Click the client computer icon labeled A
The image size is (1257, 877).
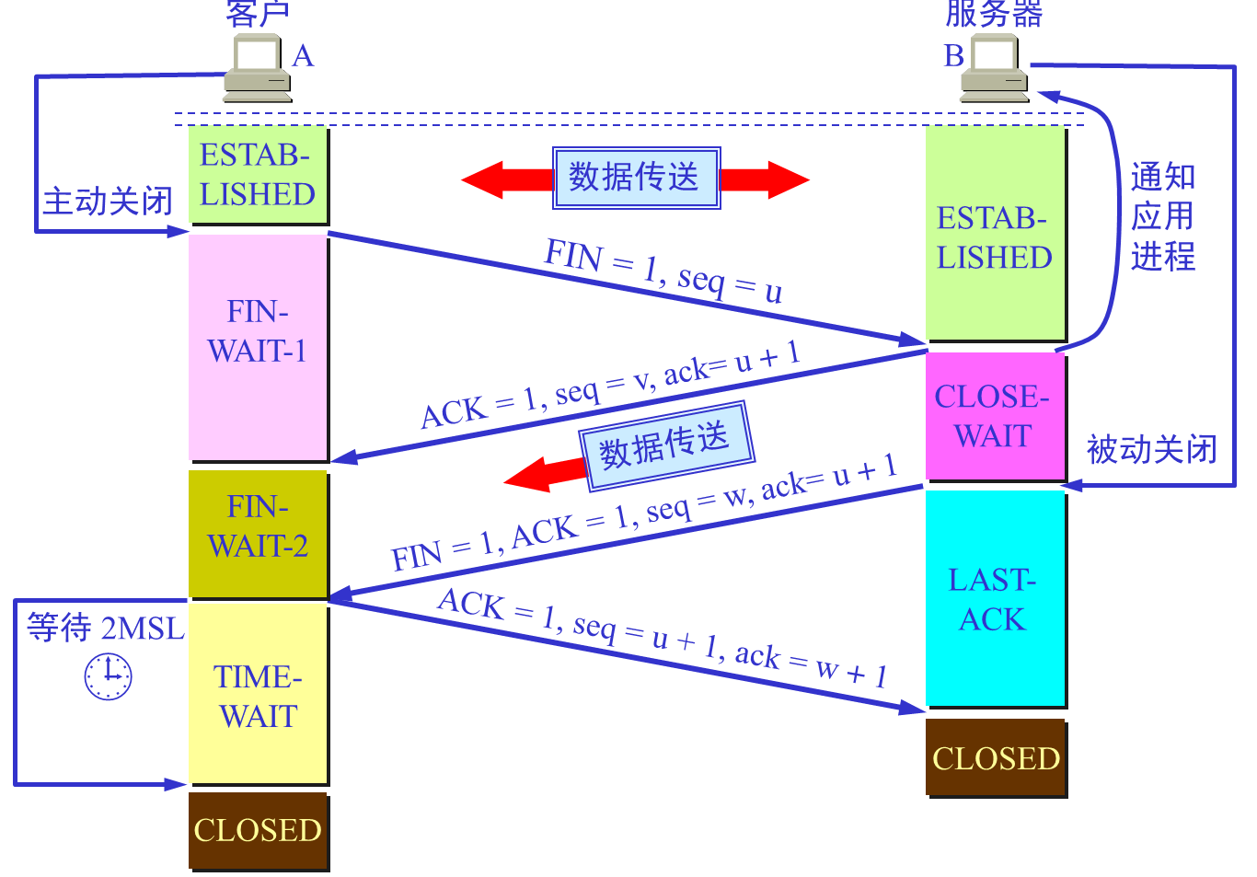point(257,68)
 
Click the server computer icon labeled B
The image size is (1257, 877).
point(995,68)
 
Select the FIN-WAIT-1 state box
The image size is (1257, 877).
point(258,348)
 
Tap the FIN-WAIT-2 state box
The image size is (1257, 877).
point(258,534)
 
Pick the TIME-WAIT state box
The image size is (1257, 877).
point(258,694)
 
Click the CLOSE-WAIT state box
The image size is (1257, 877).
point(995,416)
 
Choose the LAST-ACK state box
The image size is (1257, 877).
point(995,598)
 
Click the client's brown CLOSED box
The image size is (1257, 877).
point(258,830)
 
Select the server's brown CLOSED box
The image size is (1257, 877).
point(996,757)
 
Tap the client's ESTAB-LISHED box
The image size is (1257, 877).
point(258,175)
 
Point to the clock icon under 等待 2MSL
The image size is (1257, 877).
point(109,675)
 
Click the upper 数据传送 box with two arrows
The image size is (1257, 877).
point(636,178)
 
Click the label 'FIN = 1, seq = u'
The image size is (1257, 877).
point(663,271)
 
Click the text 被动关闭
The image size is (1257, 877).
point(1151,450)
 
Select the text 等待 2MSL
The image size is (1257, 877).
point(106,628)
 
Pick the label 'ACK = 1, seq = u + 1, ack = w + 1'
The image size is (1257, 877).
point(663,638)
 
